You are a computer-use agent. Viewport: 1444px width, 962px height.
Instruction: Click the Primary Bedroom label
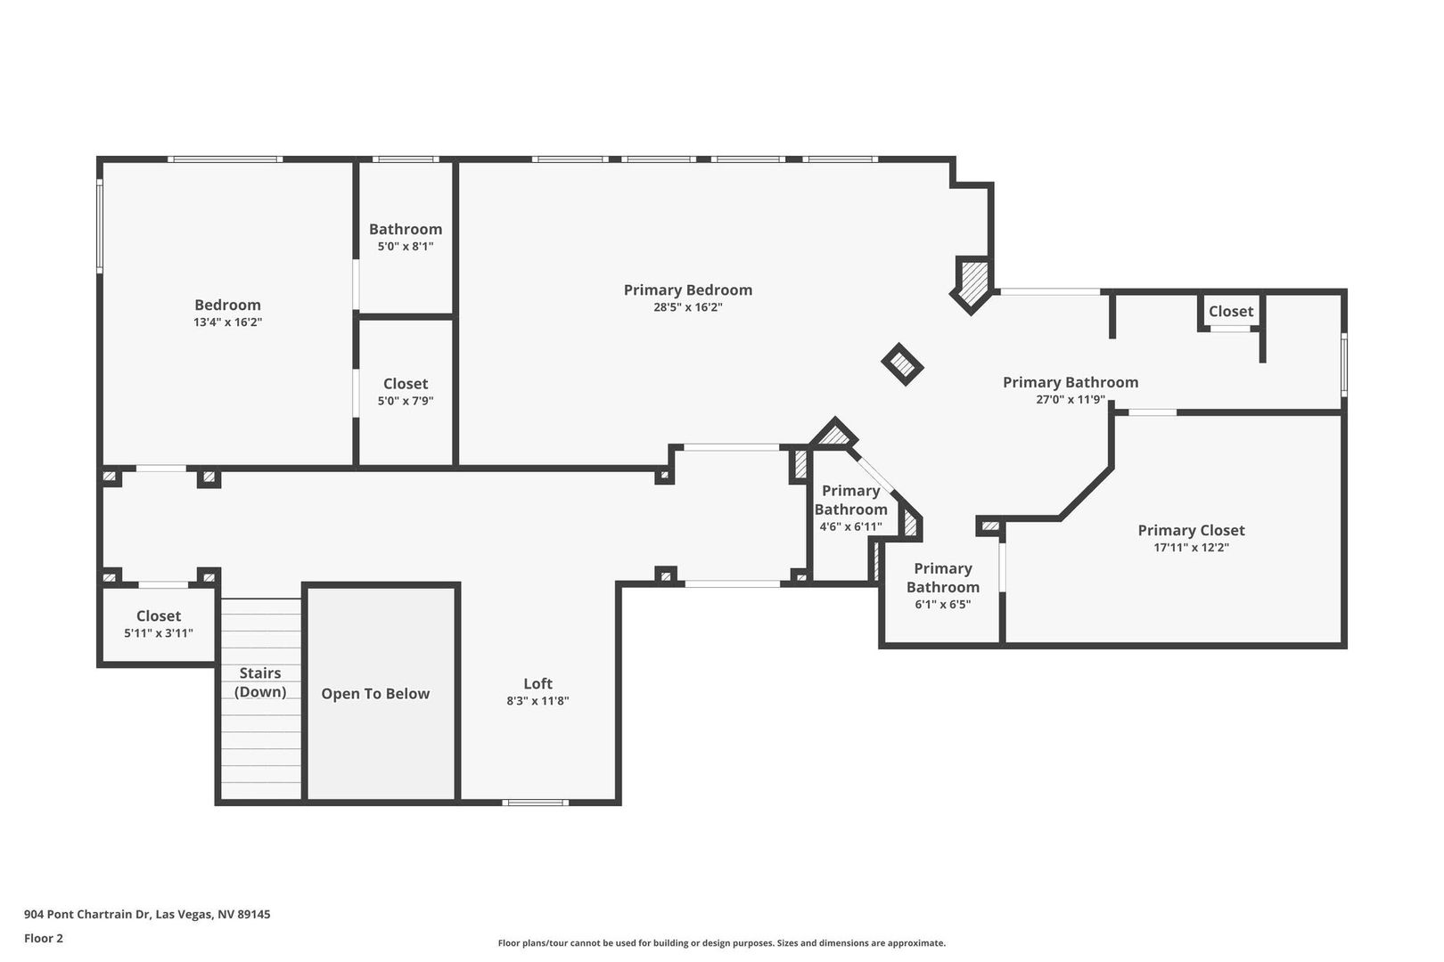pos(688,290)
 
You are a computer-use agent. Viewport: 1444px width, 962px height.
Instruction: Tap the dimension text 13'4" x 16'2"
pos(227,322)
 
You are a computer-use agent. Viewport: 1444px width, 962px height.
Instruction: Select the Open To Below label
pos(375,693)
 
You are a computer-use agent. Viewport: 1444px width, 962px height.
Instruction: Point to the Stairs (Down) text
pos(259,682)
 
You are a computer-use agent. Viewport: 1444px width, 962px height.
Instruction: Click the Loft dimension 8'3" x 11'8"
pos(537,701)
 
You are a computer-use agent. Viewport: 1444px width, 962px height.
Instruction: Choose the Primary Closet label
pos(1191,530)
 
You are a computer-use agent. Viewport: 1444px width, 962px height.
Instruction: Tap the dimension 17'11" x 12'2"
pos(1191,548)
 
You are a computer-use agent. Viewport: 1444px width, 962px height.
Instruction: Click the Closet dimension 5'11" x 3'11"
pos(159,633)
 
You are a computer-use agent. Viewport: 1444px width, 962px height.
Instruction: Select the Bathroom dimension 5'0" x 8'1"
pos(406,246)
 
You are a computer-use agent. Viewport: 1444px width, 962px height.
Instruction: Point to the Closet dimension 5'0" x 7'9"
pos(406,401)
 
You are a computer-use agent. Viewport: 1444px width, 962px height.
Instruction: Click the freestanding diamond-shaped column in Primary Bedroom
pos(902,364)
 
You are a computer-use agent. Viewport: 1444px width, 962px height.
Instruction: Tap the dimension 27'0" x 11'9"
pos(1071,399)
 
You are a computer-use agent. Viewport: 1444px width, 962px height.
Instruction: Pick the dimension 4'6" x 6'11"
pos(851,527)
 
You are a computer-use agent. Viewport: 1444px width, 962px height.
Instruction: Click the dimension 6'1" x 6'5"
pos(943,605)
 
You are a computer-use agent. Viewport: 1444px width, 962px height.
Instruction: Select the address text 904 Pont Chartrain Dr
pos(87,914)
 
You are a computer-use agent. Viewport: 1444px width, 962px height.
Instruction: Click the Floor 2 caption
pos(44,938)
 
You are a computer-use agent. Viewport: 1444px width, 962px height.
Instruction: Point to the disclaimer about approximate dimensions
pos(721,943)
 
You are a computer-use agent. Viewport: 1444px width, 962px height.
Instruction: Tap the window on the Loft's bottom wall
pos(535,803)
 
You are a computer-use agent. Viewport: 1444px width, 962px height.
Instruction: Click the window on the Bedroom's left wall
pos(100,225)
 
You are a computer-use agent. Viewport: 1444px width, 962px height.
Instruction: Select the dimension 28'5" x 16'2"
pos(688,307)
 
